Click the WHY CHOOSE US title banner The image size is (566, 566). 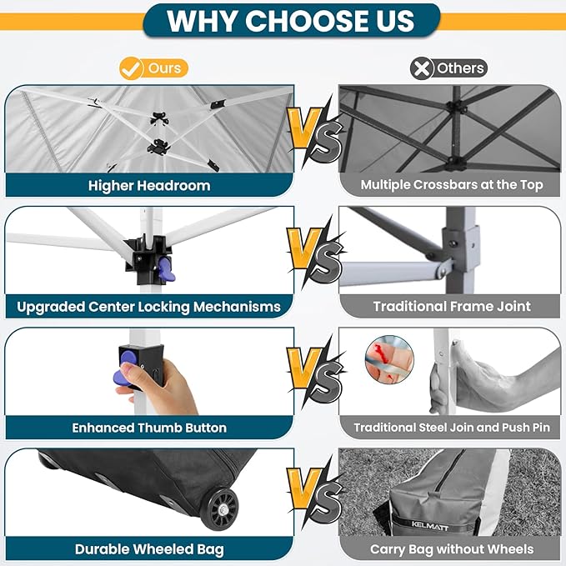tap(291, 21)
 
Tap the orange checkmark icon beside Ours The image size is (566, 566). tap(130, 68)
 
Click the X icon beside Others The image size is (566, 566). tap(422, 68)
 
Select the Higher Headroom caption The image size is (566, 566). tap(149, 186)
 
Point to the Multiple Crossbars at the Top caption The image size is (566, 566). tap(452, 185)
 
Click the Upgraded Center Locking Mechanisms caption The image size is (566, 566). tap(148, 307)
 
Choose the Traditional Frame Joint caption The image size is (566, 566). tap(452, 307)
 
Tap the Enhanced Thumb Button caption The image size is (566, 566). tap(149, 428)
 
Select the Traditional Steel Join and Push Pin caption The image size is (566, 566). tap(452, 428)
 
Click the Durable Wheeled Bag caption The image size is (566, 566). tap(149, 549)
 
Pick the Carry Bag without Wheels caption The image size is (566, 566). tap(452, 549)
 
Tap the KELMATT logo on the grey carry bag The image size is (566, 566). tap(430, 526)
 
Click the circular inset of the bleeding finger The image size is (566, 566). tap(389, 359)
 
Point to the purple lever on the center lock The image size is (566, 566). tap(167, 270)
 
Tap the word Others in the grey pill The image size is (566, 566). tap(460, 68)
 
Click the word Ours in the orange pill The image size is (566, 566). tap(164, 68)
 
